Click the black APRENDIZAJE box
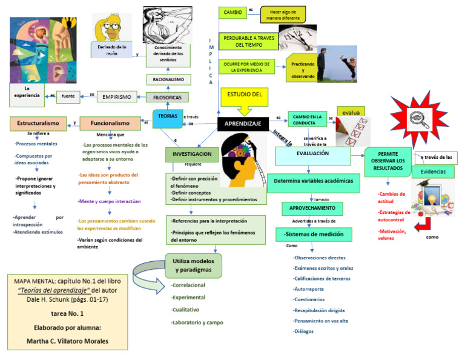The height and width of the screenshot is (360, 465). (243, 124)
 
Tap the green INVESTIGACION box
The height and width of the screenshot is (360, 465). (191, 155)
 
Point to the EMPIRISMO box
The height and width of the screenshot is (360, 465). (117, 96)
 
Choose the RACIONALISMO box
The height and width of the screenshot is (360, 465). (169, 79)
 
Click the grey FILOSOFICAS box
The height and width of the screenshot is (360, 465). (167, 97)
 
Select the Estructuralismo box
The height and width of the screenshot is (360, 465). (38, 123)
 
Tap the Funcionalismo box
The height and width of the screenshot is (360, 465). (110, 123)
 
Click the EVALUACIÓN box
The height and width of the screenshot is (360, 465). (312, 155)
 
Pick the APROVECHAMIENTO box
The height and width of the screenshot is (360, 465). (312, 208)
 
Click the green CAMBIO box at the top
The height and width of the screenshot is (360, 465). (232, 12)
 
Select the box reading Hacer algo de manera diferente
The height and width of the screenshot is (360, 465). (283, 15)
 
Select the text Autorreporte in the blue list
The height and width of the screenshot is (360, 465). (308, 289)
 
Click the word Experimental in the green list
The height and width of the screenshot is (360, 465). (188, 298)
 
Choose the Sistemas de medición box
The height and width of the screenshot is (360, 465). (311, 234)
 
